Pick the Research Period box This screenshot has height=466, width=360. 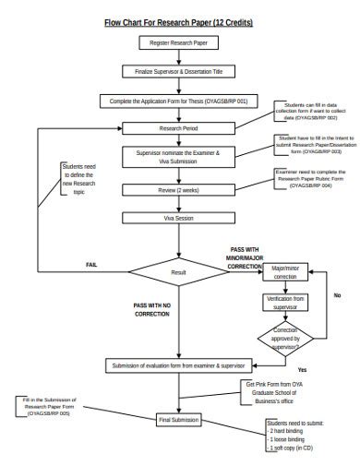177,128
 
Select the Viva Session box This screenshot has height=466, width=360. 177,219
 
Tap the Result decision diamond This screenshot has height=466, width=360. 177,272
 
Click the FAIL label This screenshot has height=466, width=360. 90,264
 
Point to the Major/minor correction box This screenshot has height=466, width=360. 285,272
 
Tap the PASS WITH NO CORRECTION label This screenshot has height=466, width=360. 151,308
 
